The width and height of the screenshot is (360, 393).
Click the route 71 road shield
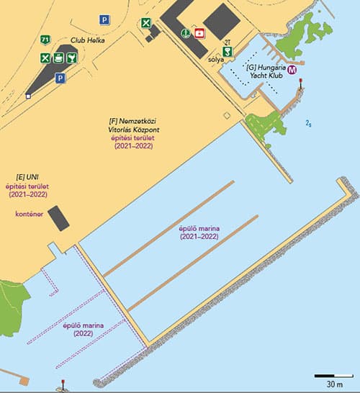(46, 39)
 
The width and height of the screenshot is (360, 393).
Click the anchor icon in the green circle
(184, 32)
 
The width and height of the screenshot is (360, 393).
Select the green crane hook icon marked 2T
(228, 51)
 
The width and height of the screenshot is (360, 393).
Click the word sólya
(215, 60)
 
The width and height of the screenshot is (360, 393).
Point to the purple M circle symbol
(293, 71)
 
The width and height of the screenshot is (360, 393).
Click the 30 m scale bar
(333, 376)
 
